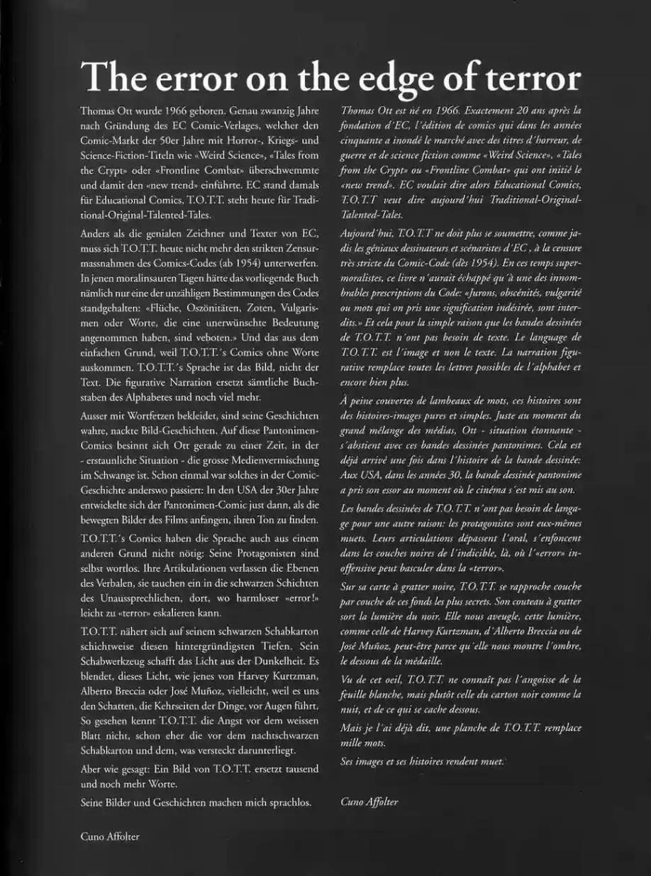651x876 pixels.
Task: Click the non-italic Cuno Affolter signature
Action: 110,836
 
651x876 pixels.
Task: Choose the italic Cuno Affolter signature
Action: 369,802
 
